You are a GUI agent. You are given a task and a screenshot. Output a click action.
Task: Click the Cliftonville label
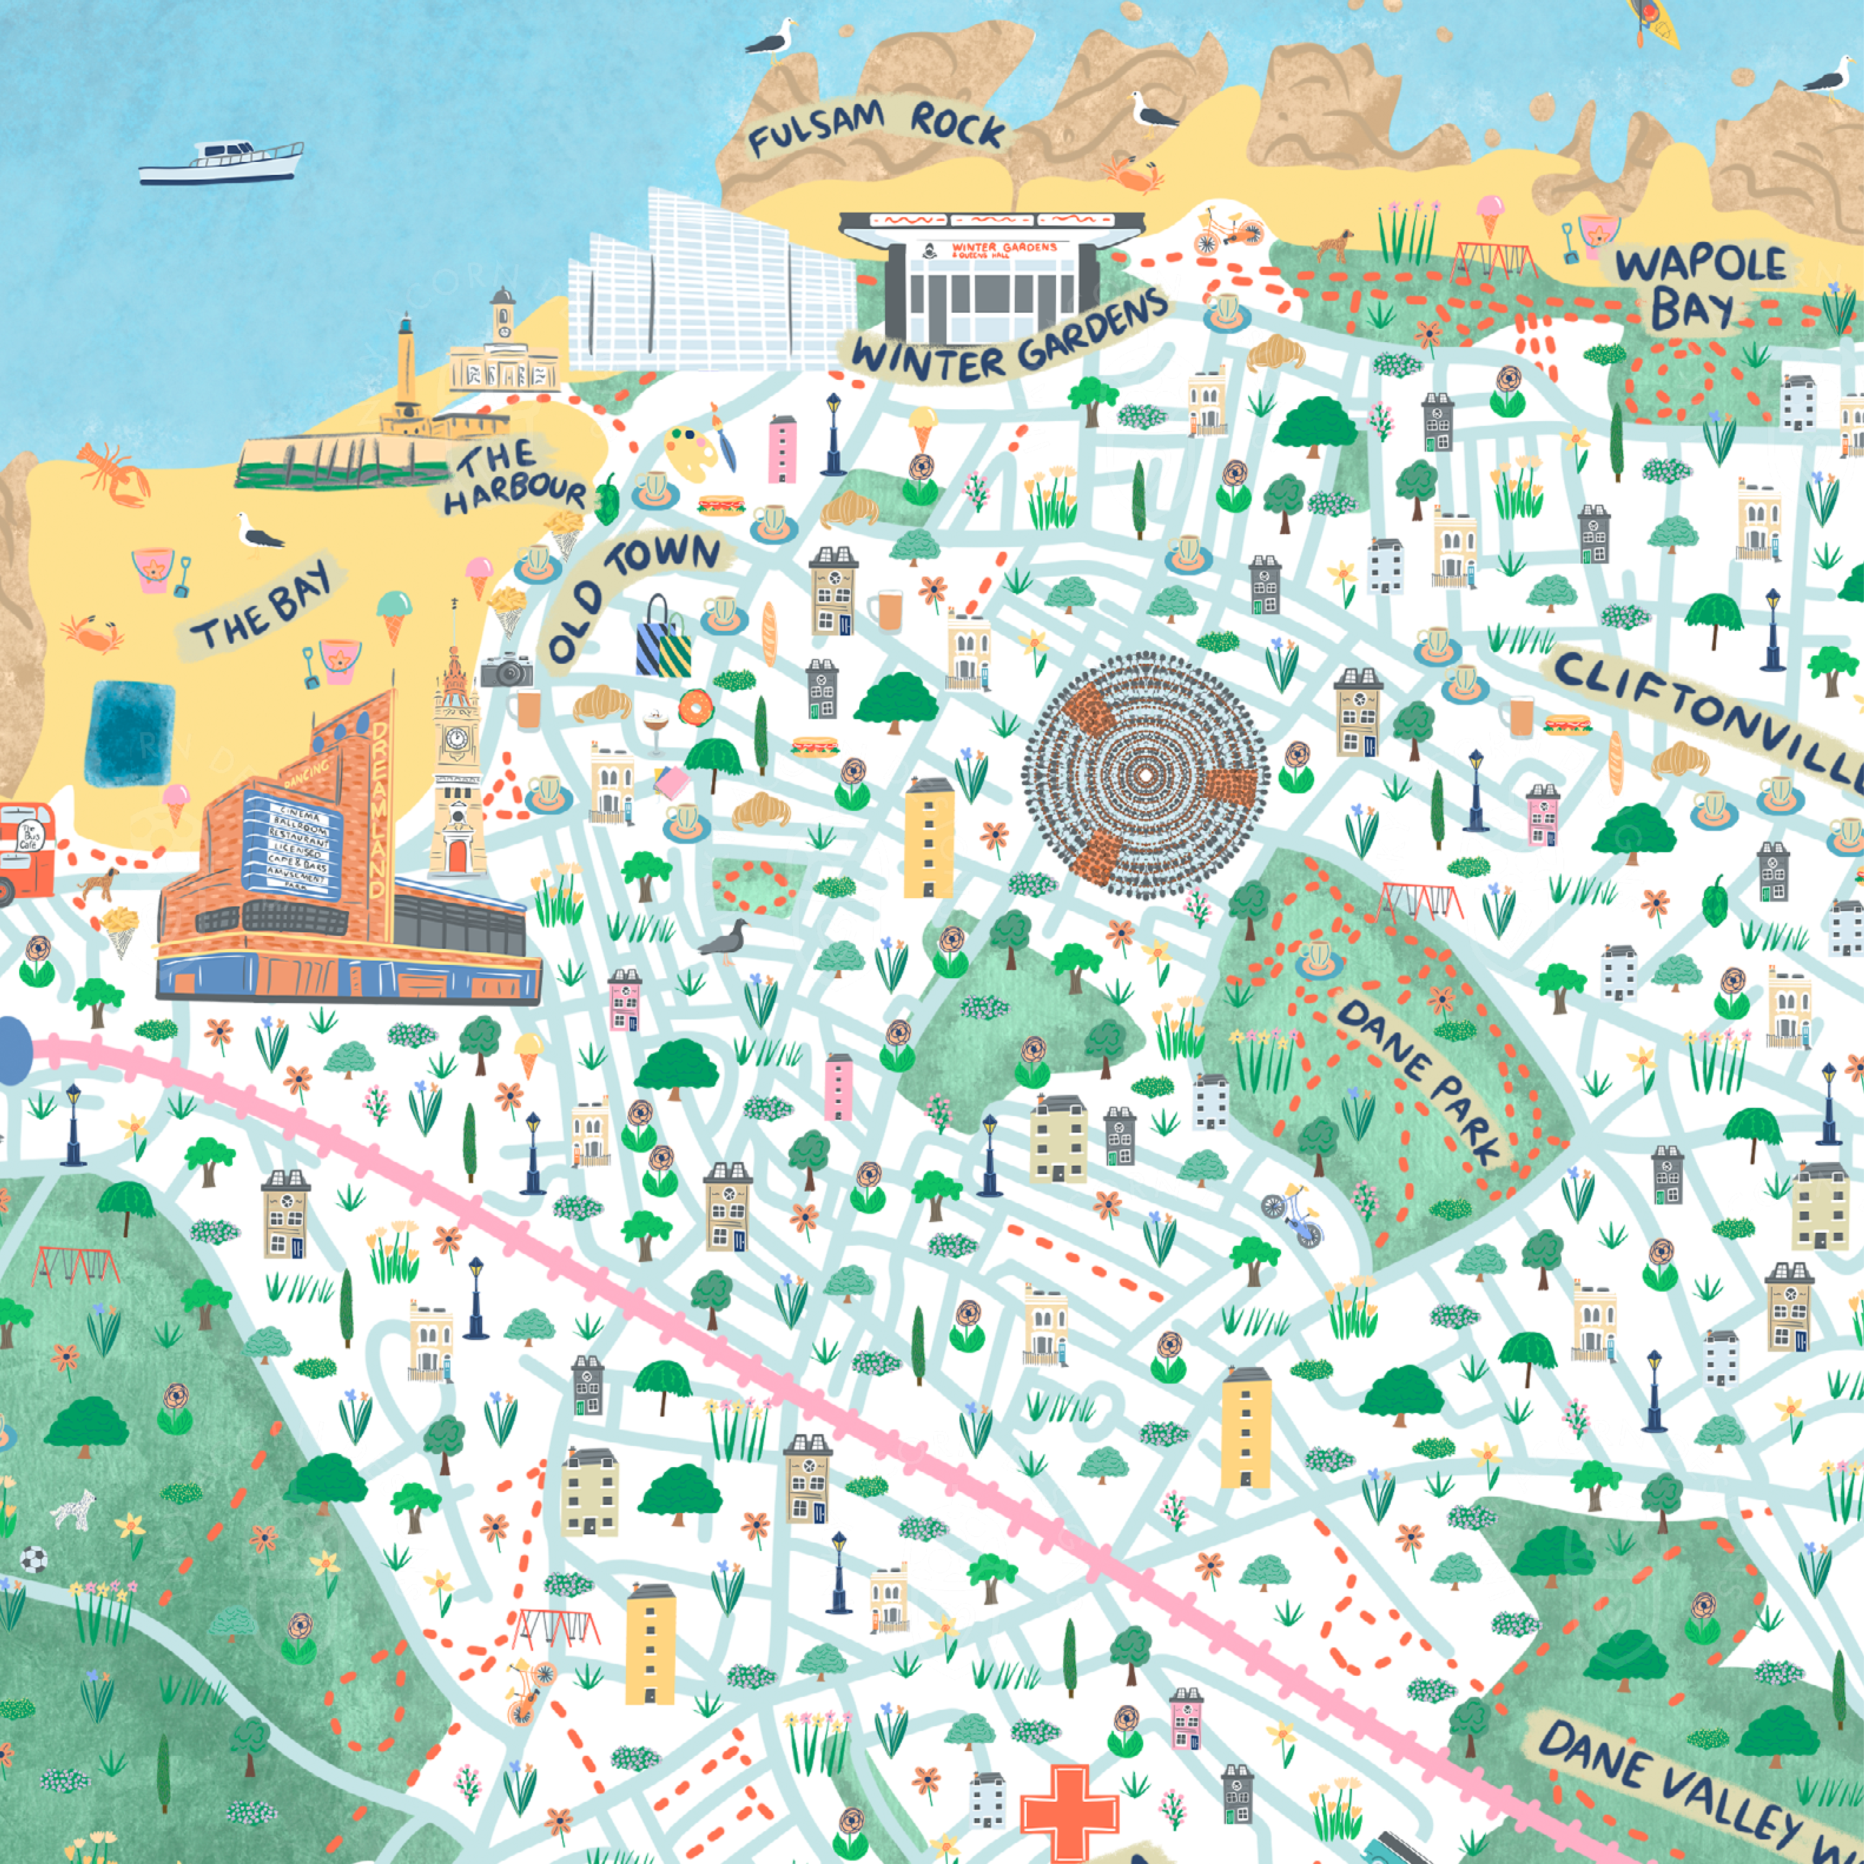1708,719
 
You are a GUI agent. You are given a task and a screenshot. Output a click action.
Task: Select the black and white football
34,1560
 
